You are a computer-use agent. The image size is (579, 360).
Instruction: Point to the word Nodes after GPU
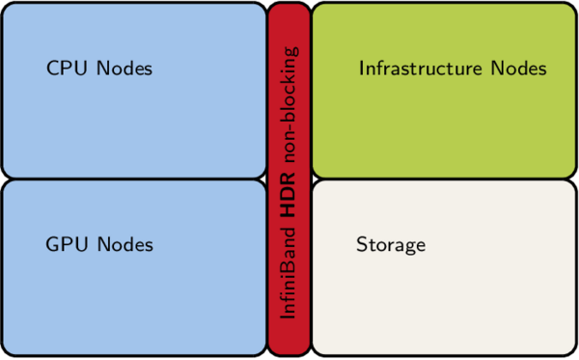click(x=124, y=245)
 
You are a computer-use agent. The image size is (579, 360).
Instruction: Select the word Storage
click(x=391, y=245)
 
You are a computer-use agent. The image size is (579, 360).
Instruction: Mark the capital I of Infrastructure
click(x=362, y=69)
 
